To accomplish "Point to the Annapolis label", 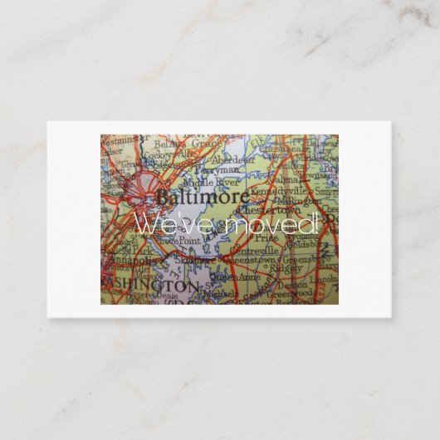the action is (126, 260).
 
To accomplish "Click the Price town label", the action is (267, 237).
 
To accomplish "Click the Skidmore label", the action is (193, 260).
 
